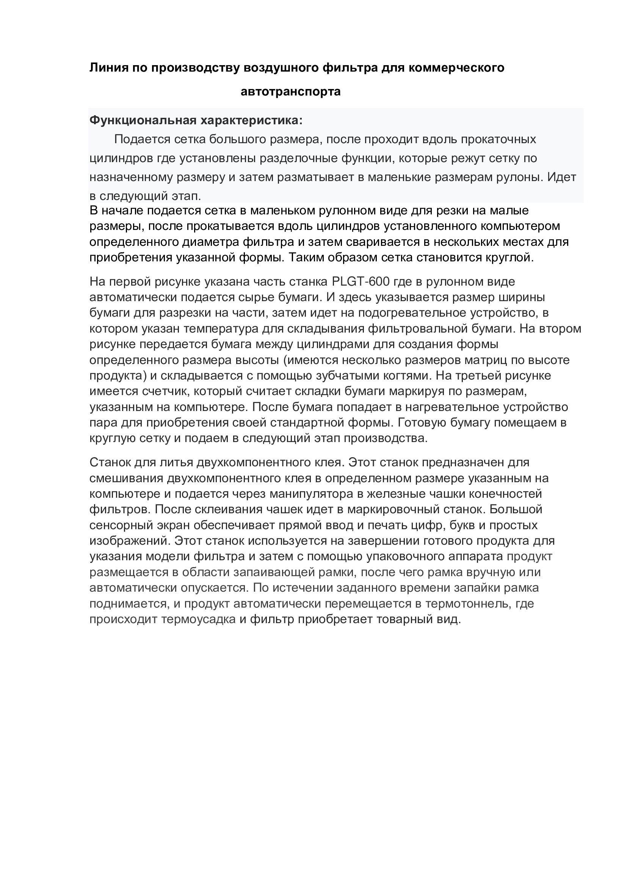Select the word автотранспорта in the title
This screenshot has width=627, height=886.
tap(290, 92)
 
